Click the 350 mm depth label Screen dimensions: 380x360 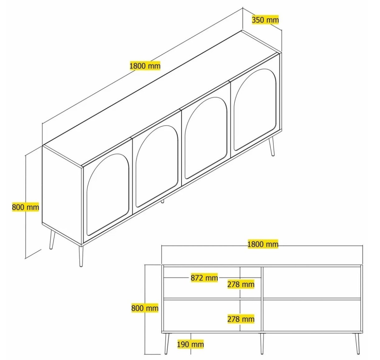click(265, 20)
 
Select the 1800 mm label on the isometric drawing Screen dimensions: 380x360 click(145, 66)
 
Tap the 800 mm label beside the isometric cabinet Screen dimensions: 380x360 click(26, 207)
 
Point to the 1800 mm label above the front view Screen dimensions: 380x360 click(263, 244)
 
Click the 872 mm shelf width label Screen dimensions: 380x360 click(204, 278)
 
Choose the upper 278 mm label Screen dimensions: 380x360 click(241, 284)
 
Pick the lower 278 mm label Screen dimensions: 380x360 click(241, 319)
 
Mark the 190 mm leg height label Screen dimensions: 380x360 click(190, 344)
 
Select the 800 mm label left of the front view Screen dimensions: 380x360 click(145, 308)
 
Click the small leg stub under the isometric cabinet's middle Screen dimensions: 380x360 click(162, 201)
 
